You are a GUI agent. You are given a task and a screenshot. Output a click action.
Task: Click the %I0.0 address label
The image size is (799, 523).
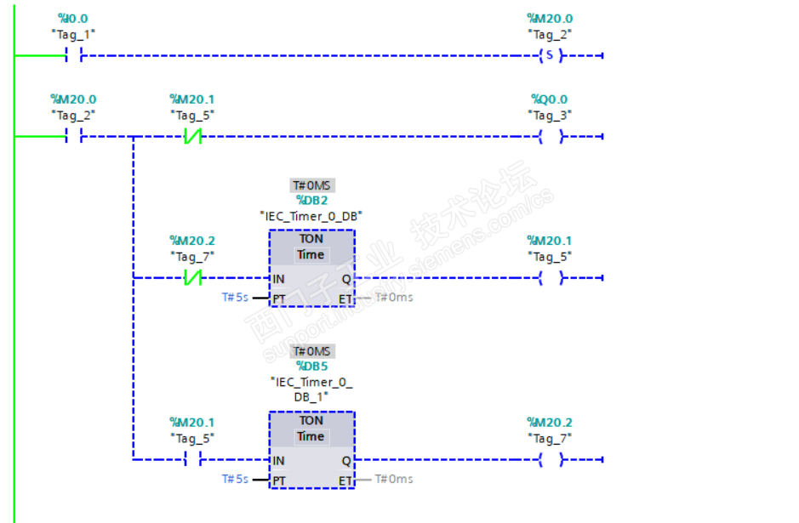coord(72,18)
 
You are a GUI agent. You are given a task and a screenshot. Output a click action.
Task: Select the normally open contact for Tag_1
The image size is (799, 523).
coord(72,56)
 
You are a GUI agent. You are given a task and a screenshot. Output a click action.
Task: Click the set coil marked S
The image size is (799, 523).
coord(551,56)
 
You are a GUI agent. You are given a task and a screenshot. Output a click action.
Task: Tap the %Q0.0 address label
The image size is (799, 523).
coord(549,99)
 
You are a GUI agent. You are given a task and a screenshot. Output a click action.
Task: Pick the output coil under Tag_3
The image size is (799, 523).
coord(551,136)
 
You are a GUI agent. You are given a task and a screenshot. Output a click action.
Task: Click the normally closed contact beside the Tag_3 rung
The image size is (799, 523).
coord(192,136)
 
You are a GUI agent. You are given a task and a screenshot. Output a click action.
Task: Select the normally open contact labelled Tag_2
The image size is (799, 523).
coord(72,136)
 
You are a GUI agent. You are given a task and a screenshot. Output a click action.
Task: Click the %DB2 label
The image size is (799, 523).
coord(311,201)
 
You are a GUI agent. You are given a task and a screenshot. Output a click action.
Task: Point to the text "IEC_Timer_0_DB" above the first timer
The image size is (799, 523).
coord(311,217)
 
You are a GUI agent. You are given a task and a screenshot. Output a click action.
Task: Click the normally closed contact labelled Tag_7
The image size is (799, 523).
coord(192,278)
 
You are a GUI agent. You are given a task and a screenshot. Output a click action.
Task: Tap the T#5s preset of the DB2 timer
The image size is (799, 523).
coord(235,298)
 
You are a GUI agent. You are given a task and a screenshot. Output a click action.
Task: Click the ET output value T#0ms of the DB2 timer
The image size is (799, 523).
coord(394,298)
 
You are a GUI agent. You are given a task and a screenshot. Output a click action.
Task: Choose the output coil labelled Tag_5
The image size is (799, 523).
coord(551,278)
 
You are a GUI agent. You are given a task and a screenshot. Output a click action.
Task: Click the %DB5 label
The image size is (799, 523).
coord(311,366)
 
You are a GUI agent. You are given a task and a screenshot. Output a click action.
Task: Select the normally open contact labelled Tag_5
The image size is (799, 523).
coord(192,460)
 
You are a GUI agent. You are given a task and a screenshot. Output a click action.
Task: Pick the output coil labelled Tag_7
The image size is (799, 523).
coord(551,460)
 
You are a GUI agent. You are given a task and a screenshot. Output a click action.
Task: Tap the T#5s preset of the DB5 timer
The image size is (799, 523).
coord(235,479)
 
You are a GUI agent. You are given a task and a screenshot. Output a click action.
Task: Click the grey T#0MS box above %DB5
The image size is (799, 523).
coord(311,351)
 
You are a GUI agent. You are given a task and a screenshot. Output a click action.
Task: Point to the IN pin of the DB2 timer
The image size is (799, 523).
coord(278,279)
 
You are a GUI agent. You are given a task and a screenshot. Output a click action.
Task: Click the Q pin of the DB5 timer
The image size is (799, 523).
coord(345,460)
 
